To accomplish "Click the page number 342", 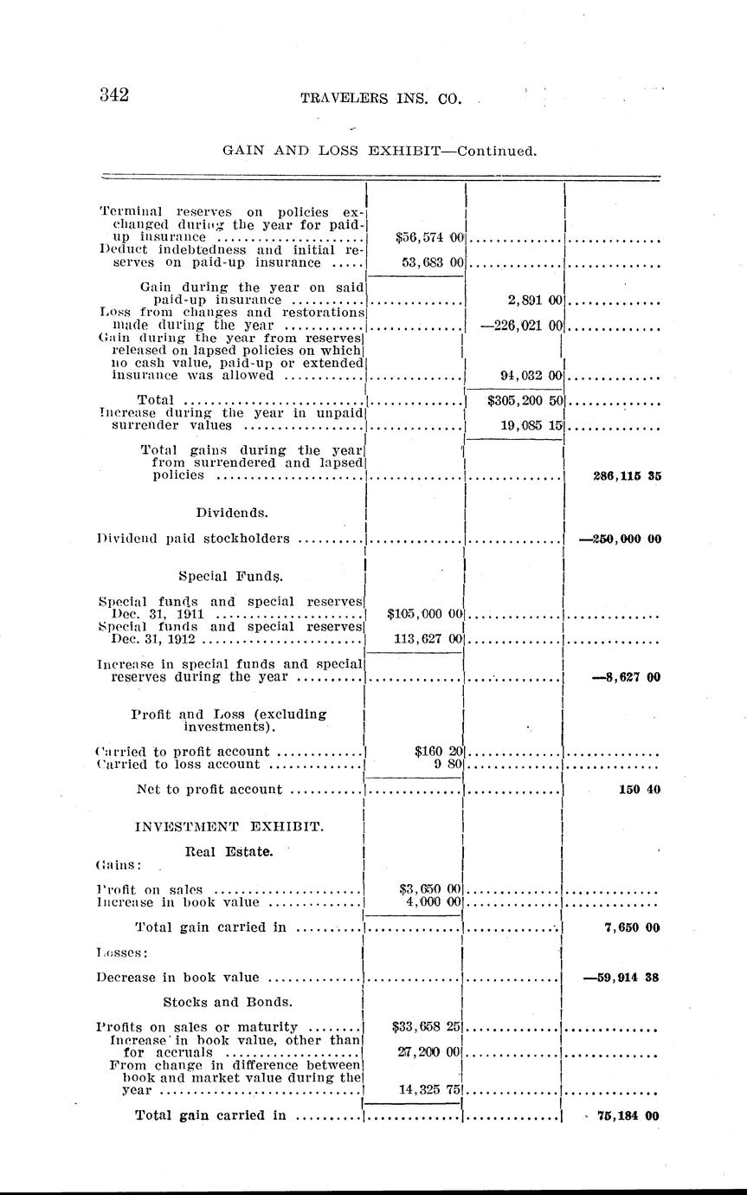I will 114,95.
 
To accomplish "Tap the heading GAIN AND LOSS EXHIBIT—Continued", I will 380,150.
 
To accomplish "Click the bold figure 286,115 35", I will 627,475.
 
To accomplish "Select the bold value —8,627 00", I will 625,677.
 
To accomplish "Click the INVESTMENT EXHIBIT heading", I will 229,826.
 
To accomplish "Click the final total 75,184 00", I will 628,1115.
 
